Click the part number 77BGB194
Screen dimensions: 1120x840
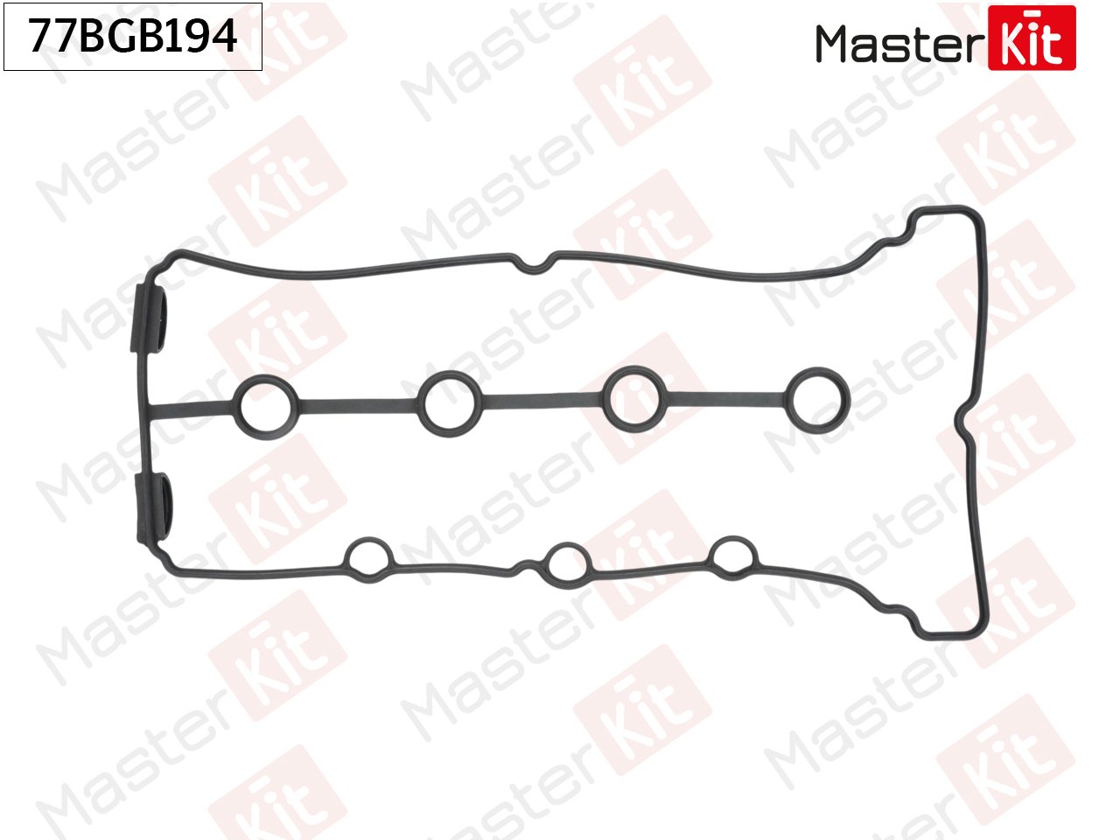[x=133, y=36]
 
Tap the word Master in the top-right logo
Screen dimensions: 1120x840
[x=900, y=44]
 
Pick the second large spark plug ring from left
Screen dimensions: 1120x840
[x=450, y=401]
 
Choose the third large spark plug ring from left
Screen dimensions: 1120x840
[x=634, y=398]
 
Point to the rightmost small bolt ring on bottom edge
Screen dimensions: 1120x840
[x=733, y=556]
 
